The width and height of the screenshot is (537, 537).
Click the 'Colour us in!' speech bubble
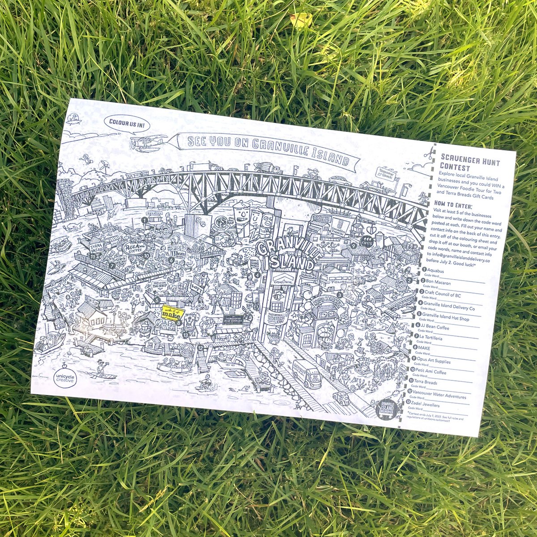(127, 124)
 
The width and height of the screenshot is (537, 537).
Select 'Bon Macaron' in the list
(438, 283)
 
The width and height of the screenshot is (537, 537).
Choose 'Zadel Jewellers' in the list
(427, 405)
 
